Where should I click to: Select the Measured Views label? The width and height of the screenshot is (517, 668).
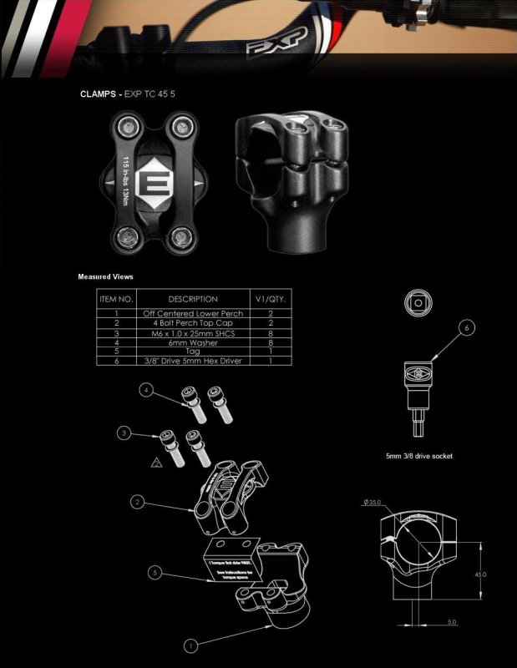(105, 276)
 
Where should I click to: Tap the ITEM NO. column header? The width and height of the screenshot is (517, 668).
(116, 299)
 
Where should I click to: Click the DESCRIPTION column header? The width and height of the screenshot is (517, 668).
(192, 299)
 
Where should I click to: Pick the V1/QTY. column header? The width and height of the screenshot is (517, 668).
(270, 299)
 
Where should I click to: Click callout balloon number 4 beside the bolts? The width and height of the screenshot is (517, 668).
(147, 390)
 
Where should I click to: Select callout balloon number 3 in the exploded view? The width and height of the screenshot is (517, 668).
(124, 433)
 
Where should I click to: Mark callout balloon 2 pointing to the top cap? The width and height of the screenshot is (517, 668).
(139, 502)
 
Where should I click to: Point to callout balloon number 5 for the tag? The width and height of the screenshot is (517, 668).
(155, 572)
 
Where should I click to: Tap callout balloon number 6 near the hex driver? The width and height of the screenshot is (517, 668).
(467, 327)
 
